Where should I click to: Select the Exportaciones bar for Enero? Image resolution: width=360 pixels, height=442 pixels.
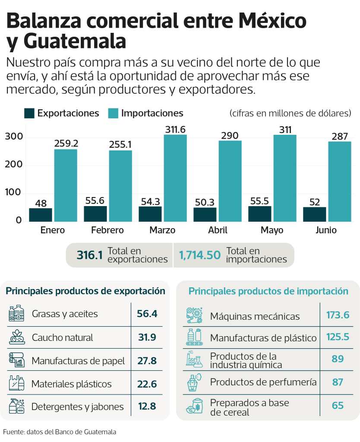pos(41,215)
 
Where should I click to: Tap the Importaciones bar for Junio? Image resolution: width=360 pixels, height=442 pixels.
pos(339,181)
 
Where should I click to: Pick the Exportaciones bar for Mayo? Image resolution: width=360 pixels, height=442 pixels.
pos(259,213)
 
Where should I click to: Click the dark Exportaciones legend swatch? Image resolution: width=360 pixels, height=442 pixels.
pos(29,113)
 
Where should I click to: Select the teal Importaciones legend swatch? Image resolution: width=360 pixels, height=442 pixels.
pos(113,113)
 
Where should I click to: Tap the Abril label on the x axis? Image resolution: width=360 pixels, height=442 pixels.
pos(218,230)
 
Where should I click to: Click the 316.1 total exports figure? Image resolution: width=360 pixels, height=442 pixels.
pos(89,255)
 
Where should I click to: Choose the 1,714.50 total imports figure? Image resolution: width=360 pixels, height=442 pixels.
pos(199,255)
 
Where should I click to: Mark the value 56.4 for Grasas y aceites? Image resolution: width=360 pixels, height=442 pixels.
pos(147,314)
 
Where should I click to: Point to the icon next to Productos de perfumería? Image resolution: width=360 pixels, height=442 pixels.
pos(194,382)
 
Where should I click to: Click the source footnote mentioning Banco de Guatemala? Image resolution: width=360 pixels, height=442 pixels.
pos(60,431)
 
